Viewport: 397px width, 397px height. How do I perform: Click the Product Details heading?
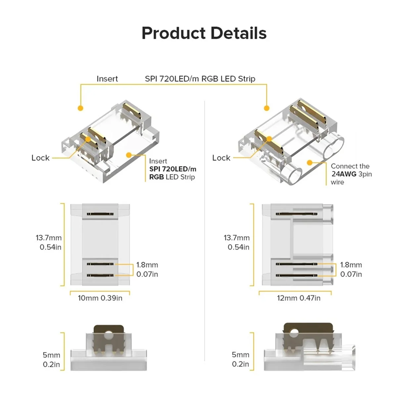tap(204, 33)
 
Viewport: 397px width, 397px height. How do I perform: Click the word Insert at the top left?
tap(107, 79)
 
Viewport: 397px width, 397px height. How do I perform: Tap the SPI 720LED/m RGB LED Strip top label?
tap(200, 79)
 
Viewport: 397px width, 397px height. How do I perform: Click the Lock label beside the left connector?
tap(40, 158)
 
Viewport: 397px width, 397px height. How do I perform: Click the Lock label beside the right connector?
tap(221, 158)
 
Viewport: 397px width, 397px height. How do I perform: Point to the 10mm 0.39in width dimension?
tap(100, 298)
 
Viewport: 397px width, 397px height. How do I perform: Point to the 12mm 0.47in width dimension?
tap(298, 298)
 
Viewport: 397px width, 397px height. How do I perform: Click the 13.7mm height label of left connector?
tap(49, 238)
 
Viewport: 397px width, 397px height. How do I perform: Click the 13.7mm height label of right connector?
tap(237, 238)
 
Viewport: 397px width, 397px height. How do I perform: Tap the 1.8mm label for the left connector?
tap(147, 265)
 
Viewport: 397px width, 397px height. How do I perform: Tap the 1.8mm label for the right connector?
tap(351, 265)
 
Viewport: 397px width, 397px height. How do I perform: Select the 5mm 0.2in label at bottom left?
tap(51, 360)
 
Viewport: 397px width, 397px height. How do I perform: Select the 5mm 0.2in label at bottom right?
tap(240, 359)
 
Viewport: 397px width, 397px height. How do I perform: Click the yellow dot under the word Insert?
tap(80, 108)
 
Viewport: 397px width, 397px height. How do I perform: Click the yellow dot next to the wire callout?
tap(310, 162)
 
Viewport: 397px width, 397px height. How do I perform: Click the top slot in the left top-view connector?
tap(100, 214)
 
